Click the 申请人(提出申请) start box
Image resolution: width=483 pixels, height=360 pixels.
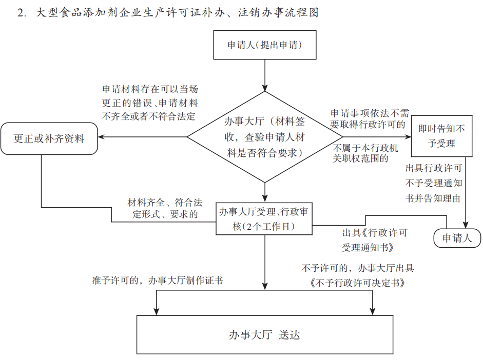[264, 45]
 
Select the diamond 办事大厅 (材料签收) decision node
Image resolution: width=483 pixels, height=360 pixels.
[264, 137]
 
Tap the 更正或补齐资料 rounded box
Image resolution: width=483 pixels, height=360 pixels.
[49, 138]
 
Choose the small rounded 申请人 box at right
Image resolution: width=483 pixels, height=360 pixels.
[456, 238]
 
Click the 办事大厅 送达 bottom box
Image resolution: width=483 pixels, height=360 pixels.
[264, 335]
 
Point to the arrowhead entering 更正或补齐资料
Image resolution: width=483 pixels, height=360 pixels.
[102, 137]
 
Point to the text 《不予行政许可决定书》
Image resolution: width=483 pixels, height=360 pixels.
[357, 282]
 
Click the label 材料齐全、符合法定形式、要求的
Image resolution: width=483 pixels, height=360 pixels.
[165, 209]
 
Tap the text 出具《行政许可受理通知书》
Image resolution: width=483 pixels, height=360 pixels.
[375, 240]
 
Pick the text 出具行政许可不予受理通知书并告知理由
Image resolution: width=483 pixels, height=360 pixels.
[434, 183]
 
